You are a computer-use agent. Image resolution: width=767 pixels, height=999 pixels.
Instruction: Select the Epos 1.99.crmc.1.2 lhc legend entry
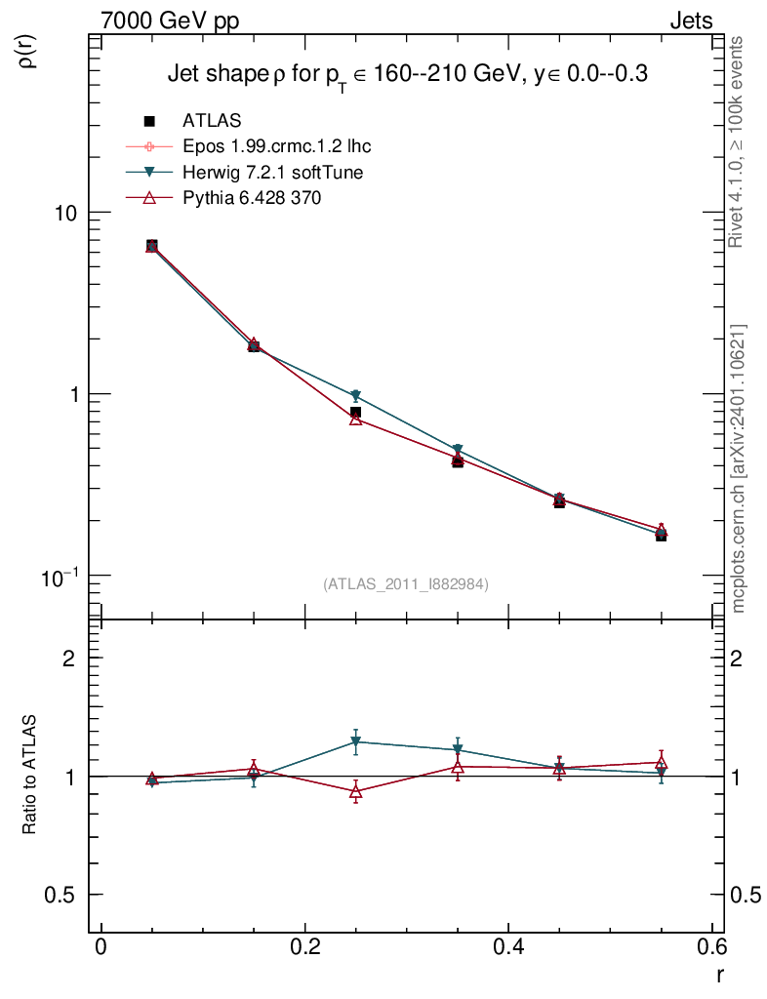coord(276,147)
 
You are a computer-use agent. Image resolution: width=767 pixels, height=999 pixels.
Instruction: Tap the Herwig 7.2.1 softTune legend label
coord(279,173)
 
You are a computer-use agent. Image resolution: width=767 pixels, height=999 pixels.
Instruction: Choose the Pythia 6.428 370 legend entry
coord(252,198)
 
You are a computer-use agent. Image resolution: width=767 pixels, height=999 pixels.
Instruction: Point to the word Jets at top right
coord(690,20)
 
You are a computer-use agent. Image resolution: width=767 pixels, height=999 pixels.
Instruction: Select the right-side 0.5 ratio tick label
coord(747,896)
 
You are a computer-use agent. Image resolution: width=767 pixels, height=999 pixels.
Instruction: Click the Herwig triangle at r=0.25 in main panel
coord(356,396)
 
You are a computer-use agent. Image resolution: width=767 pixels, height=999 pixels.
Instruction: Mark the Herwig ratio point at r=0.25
coord(356,742)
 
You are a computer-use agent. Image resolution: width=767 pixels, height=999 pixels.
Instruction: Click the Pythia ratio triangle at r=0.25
coord(356,791)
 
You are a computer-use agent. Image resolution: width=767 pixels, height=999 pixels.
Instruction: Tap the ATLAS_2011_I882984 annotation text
coord(406,583)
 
